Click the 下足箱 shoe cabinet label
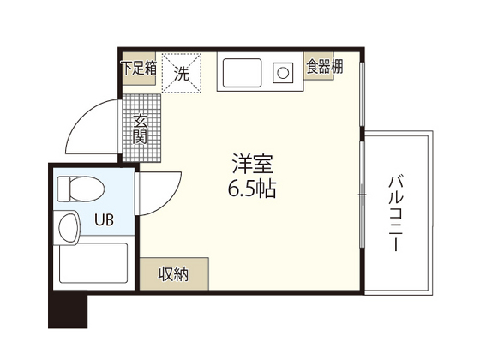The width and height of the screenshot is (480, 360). [139, 69]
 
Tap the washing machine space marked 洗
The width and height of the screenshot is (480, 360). [181, 74]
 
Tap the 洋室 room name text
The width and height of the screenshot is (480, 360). [250, 162]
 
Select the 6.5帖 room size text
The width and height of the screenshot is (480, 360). [252, 188]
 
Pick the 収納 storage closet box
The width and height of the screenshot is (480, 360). [173, 274]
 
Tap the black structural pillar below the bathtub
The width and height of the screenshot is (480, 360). [68, 309]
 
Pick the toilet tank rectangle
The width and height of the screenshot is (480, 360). [63, 189]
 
